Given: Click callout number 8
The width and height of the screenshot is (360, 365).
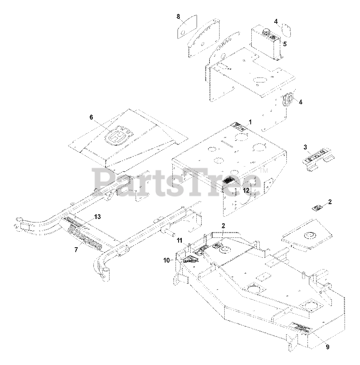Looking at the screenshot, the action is (x=178, y=17).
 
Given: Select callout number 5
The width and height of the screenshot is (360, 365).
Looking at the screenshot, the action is (x=285, y=44).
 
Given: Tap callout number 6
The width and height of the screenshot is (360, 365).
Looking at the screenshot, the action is (x=91, y=117).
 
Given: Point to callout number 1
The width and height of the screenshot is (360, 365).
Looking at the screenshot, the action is (x=250, y=122).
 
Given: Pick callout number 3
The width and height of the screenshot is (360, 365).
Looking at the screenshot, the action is (x=305, y=147).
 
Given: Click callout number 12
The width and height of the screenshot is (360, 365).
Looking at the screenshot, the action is (x=246, y=190).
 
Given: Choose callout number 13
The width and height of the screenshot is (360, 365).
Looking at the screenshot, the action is (x=97, y=217).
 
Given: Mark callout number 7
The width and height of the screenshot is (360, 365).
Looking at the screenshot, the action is (x=76, y=250).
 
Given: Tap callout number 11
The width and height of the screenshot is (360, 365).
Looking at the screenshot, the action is (x=187, y=240).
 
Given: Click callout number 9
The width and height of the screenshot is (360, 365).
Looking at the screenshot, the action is (x=328, y=347).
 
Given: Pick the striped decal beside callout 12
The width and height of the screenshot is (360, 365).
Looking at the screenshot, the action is (x=229, y=180).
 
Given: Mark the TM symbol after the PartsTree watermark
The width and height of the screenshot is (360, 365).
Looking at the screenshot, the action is (x=264, y=171).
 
